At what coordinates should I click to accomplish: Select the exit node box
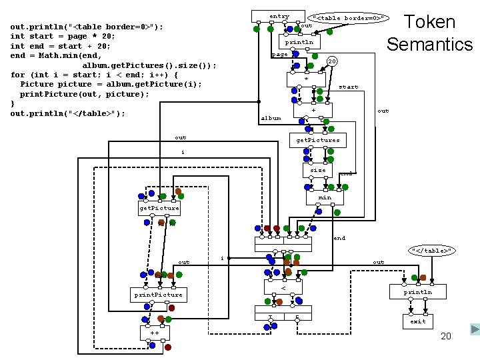click(418, 321)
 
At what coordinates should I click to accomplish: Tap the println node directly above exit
click(418, 293)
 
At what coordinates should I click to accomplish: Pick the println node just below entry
click(299, 42)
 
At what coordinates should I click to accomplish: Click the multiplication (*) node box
click(306, 79)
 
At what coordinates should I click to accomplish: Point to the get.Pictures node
click(318, 140)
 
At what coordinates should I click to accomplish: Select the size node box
click(318, 170)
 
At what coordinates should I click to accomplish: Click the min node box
click(325, 197)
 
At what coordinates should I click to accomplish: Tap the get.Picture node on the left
click(159, 208)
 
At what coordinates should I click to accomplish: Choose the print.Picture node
click(158, 295)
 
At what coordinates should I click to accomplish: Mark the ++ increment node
click(155, 332)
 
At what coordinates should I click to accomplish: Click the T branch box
click(270, 318)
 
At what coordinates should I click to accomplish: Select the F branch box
click(297, 318)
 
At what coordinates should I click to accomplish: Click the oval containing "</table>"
click(432, 251)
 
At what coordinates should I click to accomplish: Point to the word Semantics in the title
click(429, 44)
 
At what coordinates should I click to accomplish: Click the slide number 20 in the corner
click(446, 336)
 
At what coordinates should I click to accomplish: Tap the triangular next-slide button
click(474, 329)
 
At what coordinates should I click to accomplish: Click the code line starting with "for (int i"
click(94, 75)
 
